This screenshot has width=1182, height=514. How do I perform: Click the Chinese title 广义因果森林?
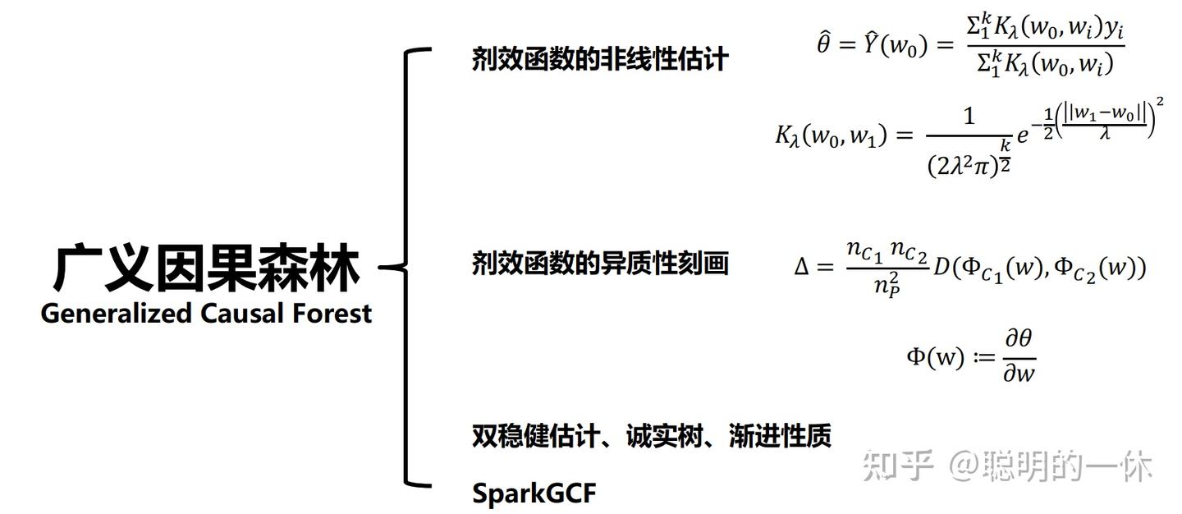[206, 267]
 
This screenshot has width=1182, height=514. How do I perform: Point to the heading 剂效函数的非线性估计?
[599, 59]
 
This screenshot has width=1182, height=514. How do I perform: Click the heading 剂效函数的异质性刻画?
[599, 264]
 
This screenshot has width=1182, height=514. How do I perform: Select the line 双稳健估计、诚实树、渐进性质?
[651, 436]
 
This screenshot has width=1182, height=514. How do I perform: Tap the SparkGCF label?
[534, 493]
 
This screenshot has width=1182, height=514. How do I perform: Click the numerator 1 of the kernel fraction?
[969, 117]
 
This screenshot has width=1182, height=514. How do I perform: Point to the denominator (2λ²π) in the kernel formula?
[962, 166]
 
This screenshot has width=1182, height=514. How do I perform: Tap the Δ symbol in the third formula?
[802, 267]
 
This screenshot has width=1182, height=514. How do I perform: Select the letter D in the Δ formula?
[941, 267]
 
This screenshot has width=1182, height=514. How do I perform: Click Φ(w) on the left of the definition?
[935, 357]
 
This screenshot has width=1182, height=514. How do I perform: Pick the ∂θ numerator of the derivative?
[1018, 340]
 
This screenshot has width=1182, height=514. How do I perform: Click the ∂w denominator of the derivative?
[1018, 374]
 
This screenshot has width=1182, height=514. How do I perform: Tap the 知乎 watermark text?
[897, 466]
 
